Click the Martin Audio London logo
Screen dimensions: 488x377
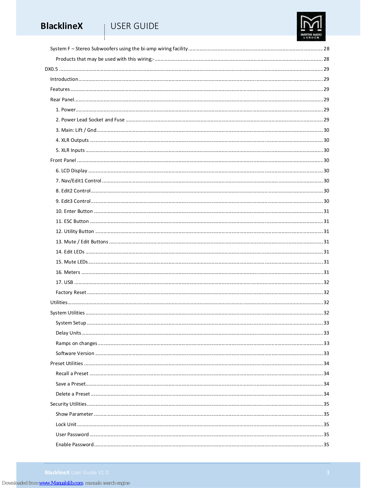[311, 26]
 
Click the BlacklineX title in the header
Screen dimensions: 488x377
[62, 26]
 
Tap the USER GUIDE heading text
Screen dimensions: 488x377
[134, 26]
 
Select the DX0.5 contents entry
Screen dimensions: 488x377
[51, 69]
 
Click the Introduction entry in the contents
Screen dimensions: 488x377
[64, 79]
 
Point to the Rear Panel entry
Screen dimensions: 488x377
[62, 100]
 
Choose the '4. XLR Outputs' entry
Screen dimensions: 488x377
[72, 140]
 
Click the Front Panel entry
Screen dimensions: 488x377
[63, 160]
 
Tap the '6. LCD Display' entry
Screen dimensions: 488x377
[72, 171]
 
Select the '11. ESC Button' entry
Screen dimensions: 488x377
[72, 221]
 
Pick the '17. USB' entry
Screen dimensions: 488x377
[64, 282]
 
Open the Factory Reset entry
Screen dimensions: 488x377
[71, 292]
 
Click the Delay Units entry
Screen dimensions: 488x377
[68, 333]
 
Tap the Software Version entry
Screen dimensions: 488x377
[75, 353]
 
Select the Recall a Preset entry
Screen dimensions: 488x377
[72, 374]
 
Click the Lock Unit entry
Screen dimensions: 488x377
[66, 425]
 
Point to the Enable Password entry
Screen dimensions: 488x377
[75, 445]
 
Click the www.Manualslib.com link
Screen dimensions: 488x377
[61, 483]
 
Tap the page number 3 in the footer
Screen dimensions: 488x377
[328, 472]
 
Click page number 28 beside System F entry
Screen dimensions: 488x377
[326, 49]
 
